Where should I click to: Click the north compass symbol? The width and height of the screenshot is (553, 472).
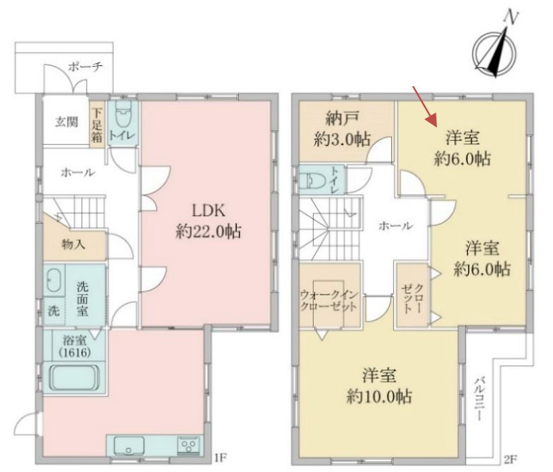pos(496,53)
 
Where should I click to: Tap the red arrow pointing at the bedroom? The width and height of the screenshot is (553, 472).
pos(425,106)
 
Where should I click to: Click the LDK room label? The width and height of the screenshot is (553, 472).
pos(208,210)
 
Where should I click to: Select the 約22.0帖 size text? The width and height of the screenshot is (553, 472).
pos(208,231)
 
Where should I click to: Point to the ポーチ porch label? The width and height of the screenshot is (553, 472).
pos(86,67)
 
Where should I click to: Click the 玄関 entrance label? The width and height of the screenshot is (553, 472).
pos(66,122)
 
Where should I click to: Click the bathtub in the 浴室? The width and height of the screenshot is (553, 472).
pos(74,378)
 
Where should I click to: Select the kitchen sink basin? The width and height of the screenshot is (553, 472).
pos(128,446)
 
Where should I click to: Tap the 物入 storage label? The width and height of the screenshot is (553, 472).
pos(74,244)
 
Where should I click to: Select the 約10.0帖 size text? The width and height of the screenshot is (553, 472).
pos(379,396)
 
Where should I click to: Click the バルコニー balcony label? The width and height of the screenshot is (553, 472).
pos(479,399)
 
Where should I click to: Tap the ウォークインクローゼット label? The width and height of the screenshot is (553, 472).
pos(328,300)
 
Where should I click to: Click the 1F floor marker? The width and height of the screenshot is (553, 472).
pos(220,458)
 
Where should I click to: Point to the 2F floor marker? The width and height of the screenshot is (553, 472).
pos(511,459)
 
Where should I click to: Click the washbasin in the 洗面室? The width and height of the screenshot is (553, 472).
pos(54,281)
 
